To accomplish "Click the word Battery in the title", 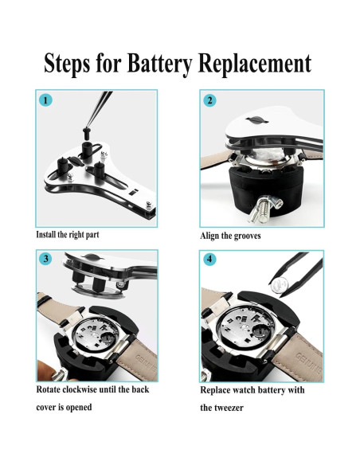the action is (159, 64).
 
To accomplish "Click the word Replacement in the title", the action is (255, 64).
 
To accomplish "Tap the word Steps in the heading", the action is (67, 64).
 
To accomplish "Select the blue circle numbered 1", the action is (45, 100).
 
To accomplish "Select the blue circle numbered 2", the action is (209, 100).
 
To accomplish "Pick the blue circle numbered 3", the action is (45, 259).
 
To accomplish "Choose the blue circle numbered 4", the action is (209, 259).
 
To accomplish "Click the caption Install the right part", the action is (68, 235).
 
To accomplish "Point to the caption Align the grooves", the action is (230, 236).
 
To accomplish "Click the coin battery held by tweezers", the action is (279, 286).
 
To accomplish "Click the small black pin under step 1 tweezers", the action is (86, 134).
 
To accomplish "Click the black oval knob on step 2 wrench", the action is (256, 119).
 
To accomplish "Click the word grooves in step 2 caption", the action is (248, 236).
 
